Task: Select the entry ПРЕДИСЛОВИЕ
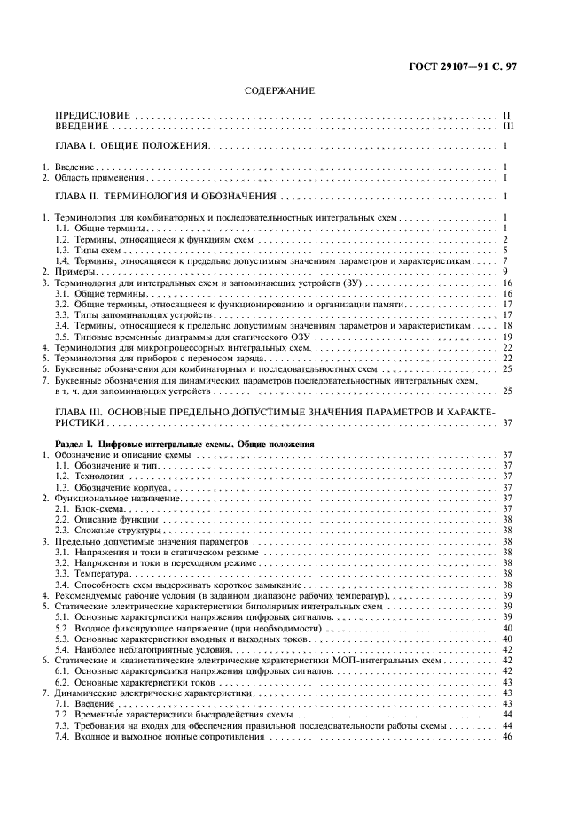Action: (93, 116)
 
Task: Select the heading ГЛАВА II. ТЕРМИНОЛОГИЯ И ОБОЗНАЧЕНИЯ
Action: (167, 197)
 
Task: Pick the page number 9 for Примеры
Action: (504, 271)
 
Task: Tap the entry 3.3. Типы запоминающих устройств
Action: (135, 314)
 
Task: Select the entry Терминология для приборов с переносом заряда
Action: (160, 358)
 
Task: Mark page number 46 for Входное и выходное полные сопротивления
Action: (507, 735)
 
